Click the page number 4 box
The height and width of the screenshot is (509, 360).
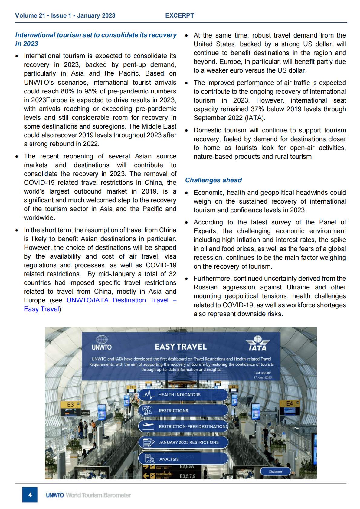(x=30, y=494)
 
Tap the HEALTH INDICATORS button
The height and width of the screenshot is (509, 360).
(x=183, y=395)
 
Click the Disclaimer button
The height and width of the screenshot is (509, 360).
(x=276, y=471)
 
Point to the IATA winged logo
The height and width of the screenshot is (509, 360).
(x=257, y=343)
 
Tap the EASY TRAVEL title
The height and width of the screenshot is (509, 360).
(x=181, y=347)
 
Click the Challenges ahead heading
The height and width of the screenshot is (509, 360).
(x=213, y=180)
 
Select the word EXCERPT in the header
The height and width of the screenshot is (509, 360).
(x=179, y=15)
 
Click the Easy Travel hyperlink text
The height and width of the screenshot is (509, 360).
(x=41, y=309)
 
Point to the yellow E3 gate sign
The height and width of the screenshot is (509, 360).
(x=70, y=405)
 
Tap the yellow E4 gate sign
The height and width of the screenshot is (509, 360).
(x=290, y=403)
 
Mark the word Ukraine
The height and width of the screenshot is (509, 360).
(x=299, y=287)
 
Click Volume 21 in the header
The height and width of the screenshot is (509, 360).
(x=30, y=15)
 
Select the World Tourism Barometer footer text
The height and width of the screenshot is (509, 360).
(x=98, y=495)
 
